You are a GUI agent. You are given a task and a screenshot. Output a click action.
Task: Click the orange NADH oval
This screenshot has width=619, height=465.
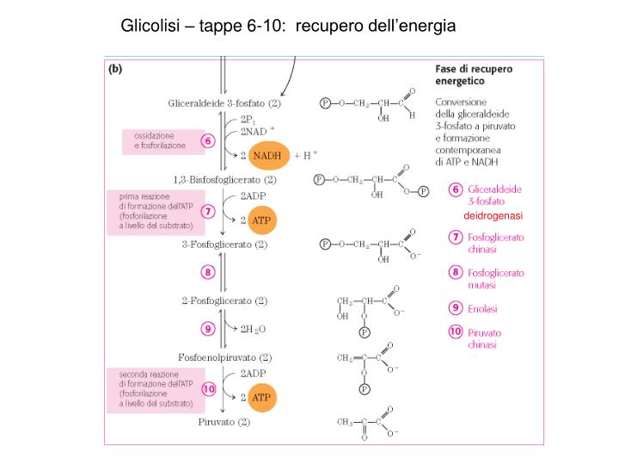(269, 155)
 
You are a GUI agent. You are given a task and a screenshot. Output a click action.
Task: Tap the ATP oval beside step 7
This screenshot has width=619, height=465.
(260, 220)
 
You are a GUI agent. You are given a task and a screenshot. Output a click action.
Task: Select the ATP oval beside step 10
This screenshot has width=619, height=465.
(260, 397)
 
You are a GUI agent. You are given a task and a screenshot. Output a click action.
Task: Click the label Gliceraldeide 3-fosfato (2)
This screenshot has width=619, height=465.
(224, 103)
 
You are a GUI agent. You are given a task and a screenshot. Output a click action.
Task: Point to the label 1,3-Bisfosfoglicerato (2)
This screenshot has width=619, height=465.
(224, 180)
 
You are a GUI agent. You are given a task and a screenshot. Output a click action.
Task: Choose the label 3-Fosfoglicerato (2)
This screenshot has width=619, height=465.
(224, 245)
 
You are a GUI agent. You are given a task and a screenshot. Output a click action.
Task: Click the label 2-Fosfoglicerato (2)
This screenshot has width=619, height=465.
(224, 301)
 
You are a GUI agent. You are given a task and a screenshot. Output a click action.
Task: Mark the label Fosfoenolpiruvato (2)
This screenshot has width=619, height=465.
(224, 356)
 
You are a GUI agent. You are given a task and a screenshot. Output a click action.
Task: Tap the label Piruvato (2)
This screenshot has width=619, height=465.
(224, 423)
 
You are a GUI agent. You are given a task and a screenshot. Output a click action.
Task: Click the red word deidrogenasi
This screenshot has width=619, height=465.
(493, 214)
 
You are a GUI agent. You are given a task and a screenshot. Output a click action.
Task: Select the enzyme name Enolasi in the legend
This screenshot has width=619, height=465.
(482, 308)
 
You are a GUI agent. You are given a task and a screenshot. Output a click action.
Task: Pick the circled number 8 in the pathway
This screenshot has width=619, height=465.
(207, 273)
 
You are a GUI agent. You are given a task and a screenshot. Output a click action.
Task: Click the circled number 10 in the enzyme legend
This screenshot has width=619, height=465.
(456, 332)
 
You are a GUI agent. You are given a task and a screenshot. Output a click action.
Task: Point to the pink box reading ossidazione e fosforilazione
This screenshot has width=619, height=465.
(160, 141)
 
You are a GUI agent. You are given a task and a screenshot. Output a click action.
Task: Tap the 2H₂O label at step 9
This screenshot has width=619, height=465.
(252, 328)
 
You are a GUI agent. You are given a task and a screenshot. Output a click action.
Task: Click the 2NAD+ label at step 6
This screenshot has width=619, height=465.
(257, 131)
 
